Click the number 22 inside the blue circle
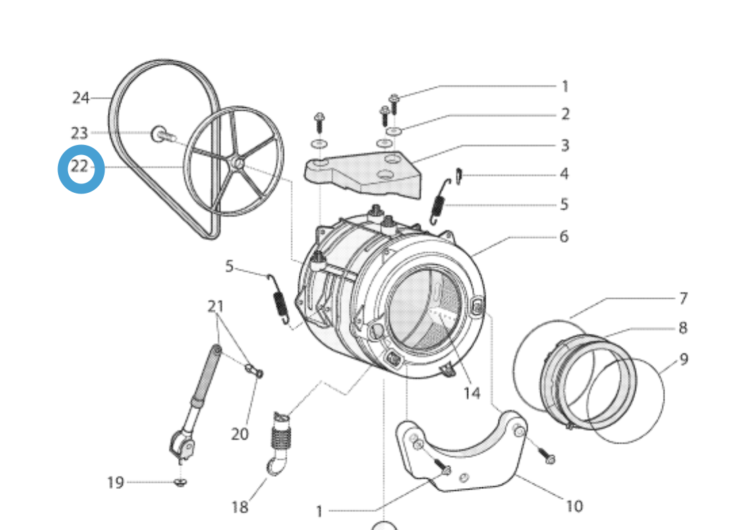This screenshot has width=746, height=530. point(80,167)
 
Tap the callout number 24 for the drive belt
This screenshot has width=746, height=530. point(81,98)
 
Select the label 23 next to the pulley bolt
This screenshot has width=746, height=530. point(80,134)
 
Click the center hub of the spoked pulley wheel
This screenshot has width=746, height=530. point(237,163)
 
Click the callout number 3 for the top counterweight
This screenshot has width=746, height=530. point(565,145)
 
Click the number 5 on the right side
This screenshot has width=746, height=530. point(564,204)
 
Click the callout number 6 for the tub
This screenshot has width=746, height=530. point(564,237)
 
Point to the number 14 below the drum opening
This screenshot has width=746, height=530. point(471,392)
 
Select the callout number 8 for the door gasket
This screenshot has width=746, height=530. point(683,328)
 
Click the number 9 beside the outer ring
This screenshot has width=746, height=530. point(683,359)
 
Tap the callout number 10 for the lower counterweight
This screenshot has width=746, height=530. point(573,506)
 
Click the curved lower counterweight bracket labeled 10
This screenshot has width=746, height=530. point(465,452)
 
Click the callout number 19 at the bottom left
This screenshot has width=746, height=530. point(115,482)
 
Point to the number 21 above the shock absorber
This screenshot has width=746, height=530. point(215,307)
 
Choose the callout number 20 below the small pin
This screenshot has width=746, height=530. point(240,434)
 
